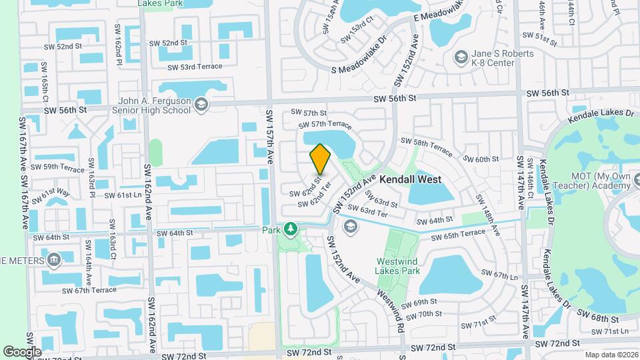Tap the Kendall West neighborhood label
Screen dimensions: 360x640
(x=411, y=180)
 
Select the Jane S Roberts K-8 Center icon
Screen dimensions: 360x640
(x=460, y=57)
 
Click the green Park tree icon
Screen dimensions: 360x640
(x=290, y=230)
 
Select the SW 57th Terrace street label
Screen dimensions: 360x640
(x=325, y=125)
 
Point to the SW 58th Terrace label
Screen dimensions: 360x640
(x=427, y=144)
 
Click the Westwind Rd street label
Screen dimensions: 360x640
(x=391, y=310)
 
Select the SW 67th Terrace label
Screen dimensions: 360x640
(x=89, y=290)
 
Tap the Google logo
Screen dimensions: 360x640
(x=23, y=351)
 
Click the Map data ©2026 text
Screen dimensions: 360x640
(x=611, y=355)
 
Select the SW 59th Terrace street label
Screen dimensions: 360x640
(x=57, y=167)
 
